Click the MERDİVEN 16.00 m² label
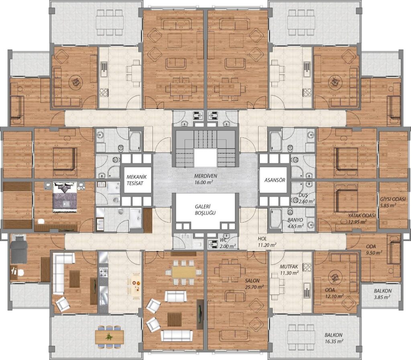205,179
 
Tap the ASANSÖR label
275,180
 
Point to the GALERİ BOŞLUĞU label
205,210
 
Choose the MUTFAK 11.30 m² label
289,270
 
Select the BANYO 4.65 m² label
295,223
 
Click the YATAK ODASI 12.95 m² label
362,219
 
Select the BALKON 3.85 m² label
383,294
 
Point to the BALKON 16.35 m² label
334,338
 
